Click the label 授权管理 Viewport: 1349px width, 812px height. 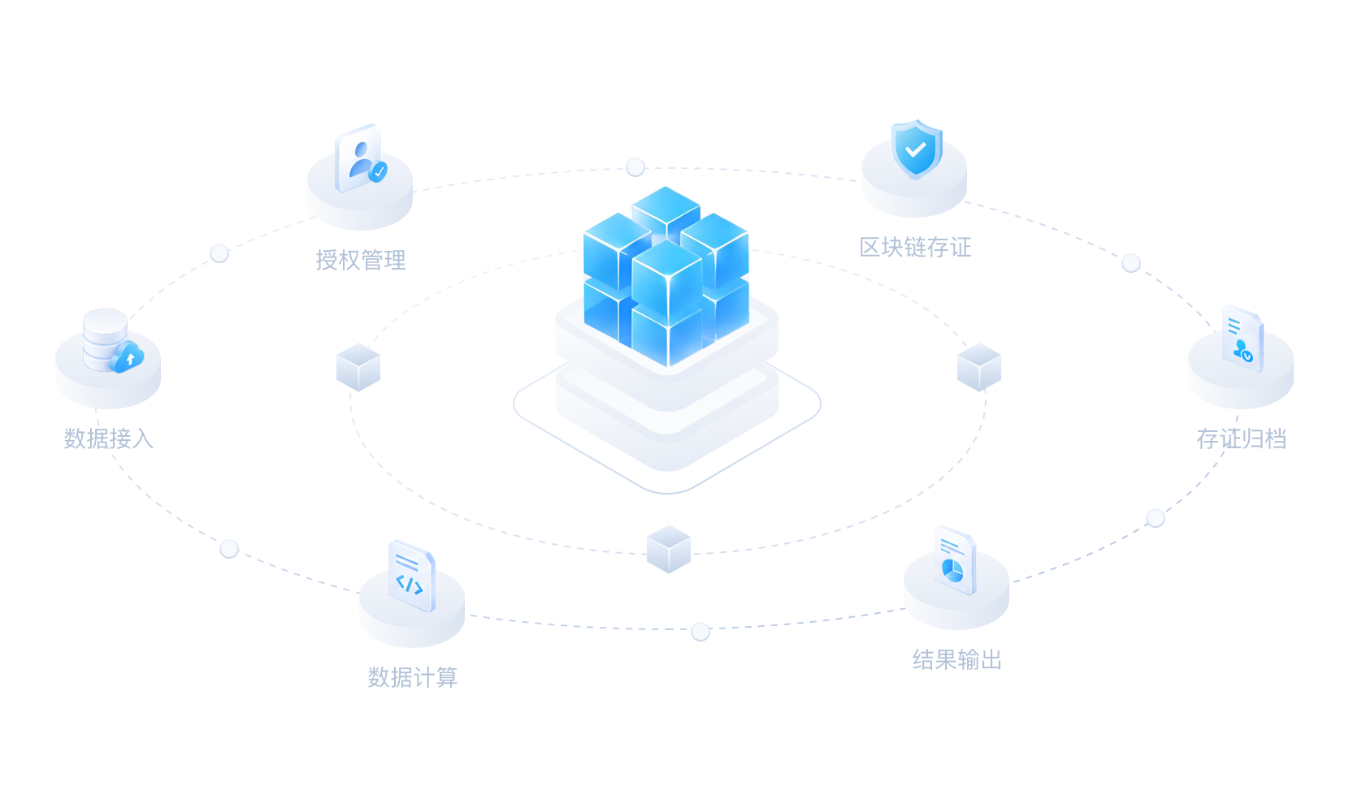pos(361,260)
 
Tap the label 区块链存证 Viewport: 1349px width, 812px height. pos(915,247)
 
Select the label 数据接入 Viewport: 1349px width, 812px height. pos(109,438)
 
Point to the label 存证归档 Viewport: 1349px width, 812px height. pos(1242,438)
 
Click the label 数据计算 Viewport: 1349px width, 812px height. pos(413,677)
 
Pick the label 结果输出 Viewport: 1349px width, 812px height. pos(957,659)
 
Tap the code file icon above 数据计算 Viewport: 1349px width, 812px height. pos(412,576)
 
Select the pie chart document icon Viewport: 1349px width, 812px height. pos(956,560)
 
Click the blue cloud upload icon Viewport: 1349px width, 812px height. pos(127,357)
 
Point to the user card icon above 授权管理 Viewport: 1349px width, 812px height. pos(359,158)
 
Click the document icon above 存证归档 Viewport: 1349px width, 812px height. pos(1243,339)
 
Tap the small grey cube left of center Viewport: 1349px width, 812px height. pos(358,367)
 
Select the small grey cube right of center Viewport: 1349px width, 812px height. pos(979,367)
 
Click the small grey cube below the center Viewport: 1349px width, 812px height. pos(669,549)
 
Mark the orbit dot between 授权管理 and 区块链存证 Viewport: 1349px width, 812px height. pos(635,166)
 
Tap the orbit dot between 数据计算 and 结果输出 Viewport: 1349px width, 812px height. pos(701,632)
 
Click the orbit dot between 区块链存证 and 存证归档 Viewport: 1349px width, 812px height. pos(1131,263)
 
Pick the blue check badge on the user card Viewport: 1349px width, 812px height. pos(379,172)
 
